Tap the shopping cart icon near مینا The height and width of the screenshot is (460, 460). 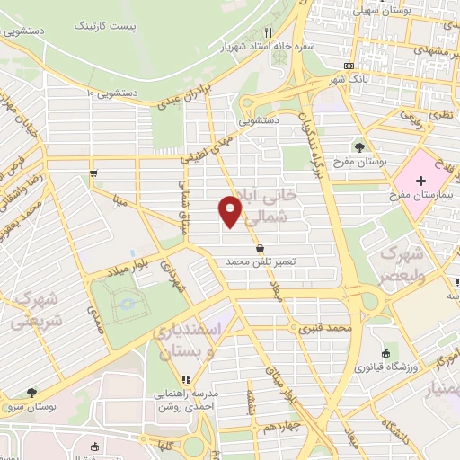93,173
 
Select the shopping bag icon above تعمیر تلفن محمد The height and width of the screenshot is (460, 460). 260,247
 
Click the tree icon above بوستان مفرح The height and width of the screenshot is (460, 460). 359,146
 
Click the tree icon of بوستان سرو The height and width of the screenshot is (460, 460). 32,393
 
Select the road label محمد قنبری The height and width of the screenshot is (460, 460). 324,329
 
